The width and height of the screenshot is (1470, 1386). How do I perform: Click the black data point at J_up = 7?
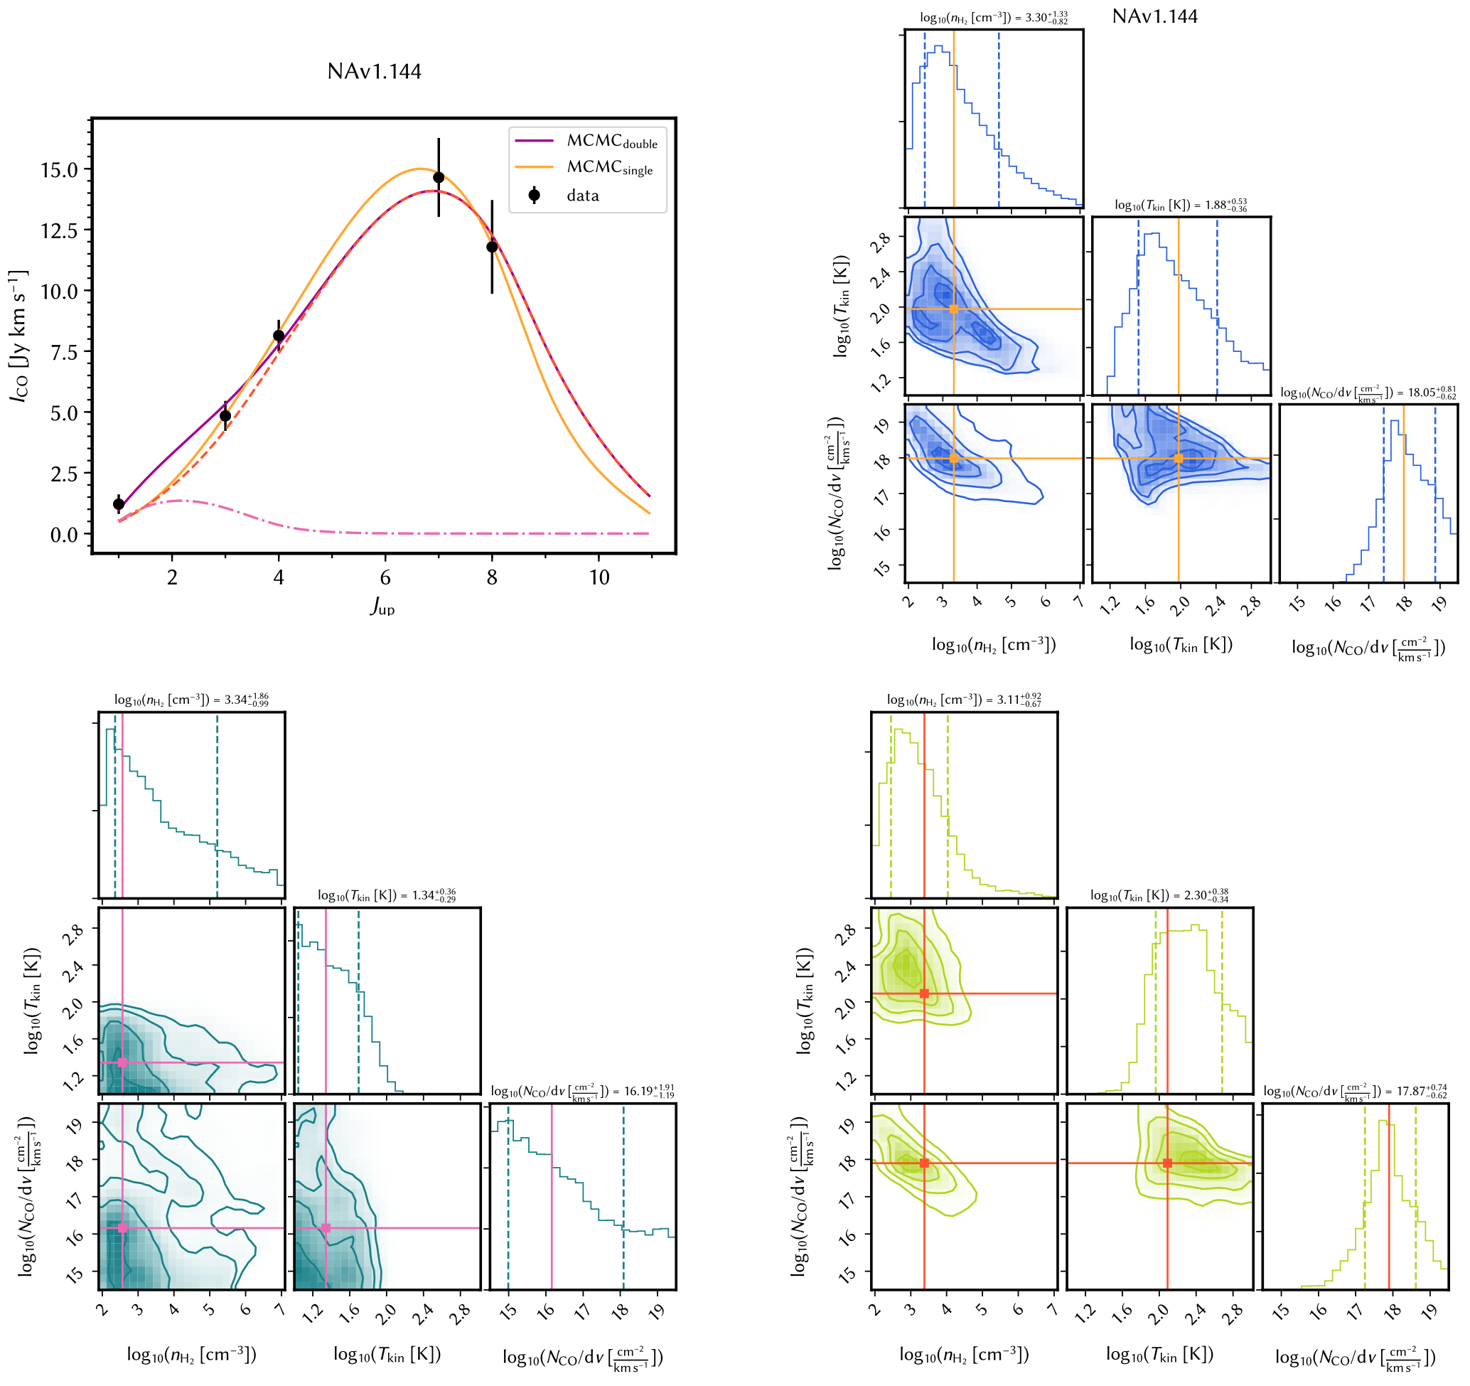click(x=439, y=178)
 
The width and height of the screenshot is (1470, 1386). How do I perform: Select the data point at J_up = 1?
click(x=118, y=504)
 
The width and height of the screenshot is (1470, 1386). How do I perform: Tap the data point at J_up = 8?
click(x=492, y=247)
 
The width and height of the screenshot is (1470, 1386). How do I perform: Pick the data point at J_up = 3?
click(x=225, y=415)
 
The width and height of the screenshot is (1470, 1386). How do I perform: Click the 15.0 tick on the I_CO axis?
click(x=59, y=170)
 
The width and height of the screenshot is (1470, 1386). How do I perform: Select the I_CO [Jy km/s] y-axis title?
click(x=18, y=336)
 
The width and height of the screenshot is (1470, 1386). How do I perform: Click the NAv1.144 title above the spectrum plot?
click(x=374, y=72)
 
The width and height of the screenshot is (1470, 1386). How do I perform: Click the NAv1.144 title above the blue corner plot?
click(x=1154, y=16)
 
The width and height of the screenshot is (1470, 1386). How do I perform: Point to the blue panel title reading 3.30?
click(x=993, y=18)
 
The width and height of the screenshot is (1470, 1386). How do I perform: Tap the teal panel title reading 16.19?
click(x=582, y=1092)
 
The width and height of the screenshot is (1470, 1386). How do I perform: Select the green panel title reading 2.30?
click(x=1159, y=895)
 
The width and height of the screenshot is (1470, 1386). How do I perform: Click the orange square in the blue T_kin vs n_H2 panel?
click(x=954, y=309)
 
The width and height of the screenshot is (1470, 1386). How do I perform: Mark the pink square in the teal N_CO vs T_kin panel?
click(x=326, y=1227)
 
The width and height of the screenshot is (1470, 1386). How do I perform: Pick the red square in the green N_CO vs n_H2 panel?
click(x=924, y=1163)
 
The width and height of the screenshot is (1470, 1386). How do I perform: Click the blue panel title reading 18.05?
click(x=1368, y=393)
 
